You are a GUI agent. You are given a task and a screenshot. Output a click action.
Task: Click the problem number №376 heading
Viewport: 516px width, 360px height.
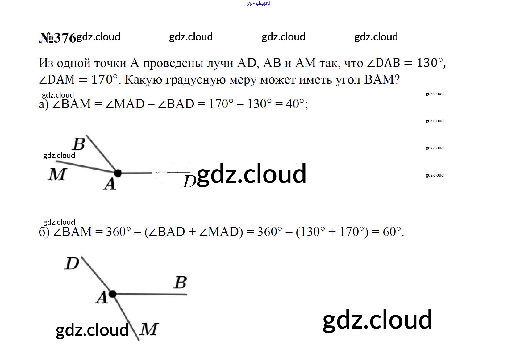click(57, 38)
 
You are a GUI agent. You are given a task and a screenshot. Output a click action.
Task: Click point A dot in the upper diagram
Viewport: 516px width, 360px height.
click(118, 173)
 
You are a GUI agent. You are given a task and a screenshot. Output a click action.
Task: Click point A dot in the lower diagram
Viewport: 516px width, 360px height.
click(113, 294)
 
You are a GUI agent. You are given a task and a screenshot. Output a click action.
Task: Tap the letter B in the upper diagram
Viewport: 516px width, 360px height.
click(79, 144)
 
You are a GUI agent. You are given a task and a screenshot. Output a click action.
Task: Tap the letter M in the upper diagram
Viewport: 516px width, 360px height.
click(57, 174)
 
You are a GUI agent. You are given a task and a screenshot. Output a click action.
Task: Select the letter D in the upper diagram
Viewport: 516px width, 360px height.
click(189, 182)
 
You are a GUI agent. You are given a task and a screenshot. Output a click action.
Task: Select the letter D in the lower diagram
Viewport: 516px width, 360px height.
click(72, 263)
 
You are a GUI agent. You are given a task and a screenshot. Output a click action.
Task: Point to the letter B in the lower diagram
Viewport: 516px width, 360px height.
click(180, 282)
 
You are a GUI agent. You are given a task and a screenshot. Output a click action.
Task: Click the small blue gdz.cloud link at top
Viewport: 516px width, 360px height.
click(258, 3)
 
